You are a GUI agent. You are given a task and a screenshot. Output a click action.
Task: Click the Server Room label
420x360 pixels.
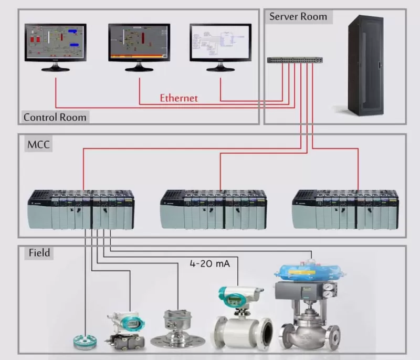click(298, 16)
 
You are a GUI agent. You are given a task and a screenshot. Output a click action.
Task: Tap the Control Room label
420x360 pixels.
click(55, 117)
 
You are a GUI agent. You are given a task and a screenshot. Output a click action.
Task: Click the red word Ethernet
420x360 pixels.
click(178, 98)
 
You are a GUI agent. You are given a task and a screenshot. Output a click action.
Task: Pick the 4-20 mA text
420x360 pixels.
click(209, 264)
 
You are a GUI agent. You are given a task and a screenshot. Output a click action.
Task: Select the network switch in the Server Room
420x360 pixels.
click(295, 60)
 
